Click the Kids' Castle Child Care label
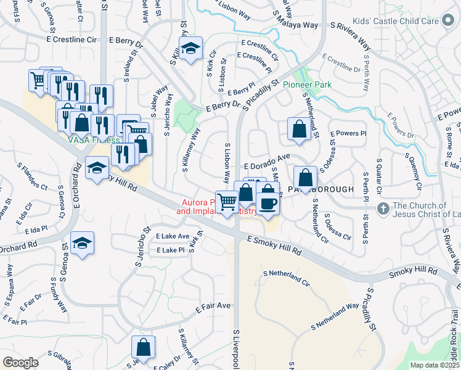tap(392, 21)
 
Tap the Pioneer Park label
tap(308, 84)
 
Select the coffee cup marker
tap(267, 202)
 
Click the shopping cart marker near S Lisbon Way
tap(227, 202)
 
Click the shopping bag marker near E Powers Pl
tap(299, 129)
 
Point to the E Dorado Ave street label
tap(267, 166)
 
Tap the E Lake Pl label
tap(170, 250)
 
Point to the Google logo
tap(21, 362)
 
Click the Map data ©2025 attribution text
tap(434, 365)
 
